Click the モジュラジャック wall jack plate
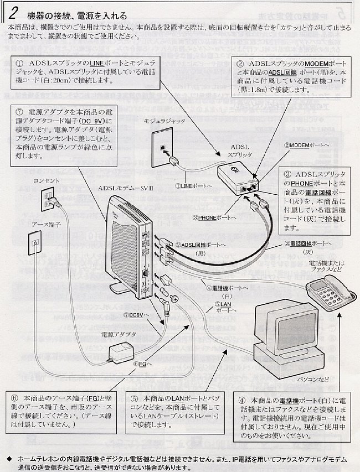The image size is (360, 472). pyautogui.click(x=161, y=147)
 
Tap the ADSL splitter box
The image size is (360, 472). pyautogui.click(x=238, y=177)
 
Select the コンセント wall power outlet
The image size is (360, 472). pyautogui.click(x=46, y=199)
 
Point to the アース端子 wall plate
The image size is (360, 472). pyautogui.click(x=35, y=242)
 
